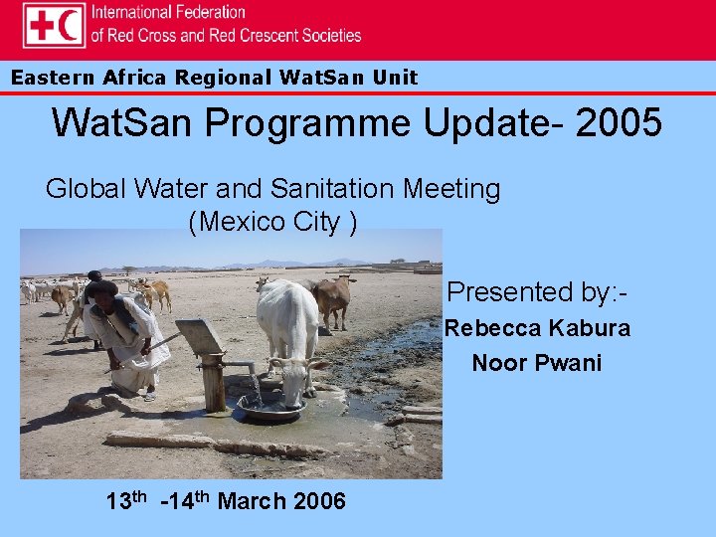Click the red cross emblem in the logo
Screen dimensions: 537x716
tap(41, 25)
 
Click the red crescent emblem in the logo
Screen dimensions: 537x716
tap(69, 25)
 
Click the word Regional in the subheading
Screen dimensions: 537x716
tap(223, 78)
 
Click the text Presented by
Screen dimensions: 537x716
tap(537, 292)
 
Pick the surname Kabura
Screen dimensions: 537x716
tap(590, 328)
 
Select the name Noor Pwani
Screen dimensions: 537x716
tap(537, 363)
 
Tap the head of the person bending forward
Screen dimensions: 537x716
tap(100, 292)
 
